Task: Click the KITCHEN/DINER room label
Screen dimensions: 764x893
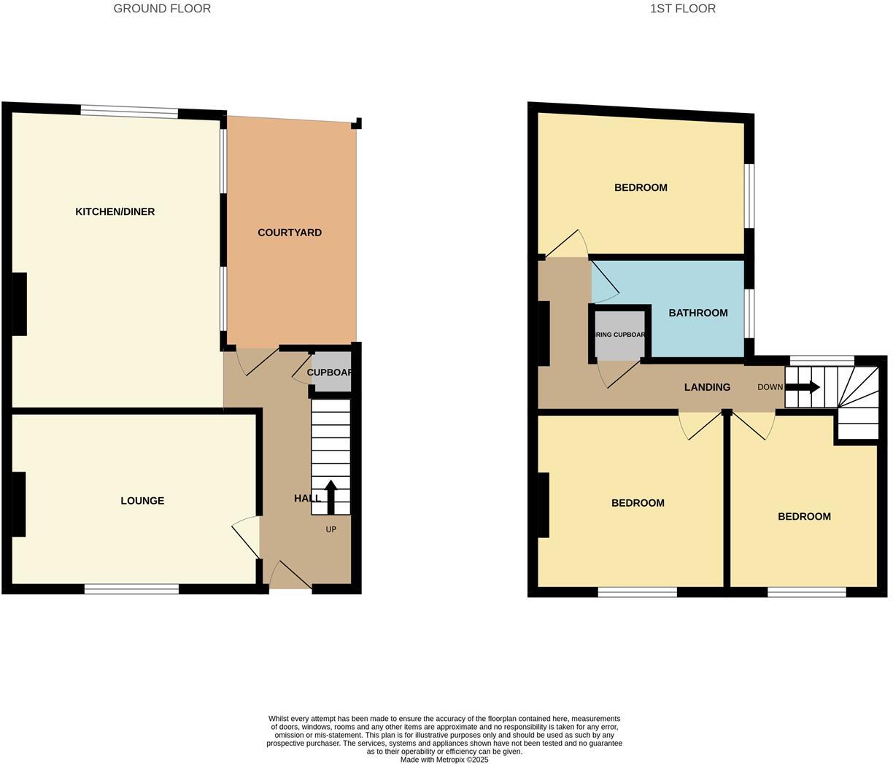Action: (115, 212)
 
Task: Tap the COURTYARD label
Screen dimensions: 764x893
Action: (290, 233)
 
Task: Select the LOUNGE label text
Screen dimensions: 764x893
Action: (142, 501)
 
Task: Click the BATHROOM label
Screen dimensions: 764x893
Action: (698, 313)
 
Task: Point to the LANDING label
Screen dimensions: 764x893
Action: (707, 387)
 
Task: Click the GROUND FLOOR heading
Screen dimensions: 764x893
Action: (162, 9)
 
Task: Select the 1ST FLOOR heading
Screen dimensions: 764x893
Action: (682, 9)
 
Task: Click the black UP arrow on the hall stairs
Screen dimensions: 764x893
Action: (330, 496)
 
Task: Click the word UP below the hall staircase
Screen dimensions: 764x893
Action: (331, 529)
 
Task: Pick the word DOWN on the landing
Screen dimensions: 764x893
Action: (770, 387)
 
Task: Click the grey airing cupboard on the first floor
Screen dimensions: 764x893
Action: (620, 335)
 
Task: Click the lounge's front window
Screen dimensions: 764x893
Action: (131, 589)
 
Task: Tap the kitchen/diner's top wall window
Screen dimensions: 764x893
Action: (129, 112)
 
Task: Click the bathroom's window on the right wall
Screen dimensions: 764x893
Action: (749, 313)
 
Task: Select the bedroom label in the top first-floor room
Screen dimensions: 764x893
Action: (641, 187)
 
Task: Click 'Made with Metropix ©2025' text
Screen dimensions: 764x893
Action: (444, 760)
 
